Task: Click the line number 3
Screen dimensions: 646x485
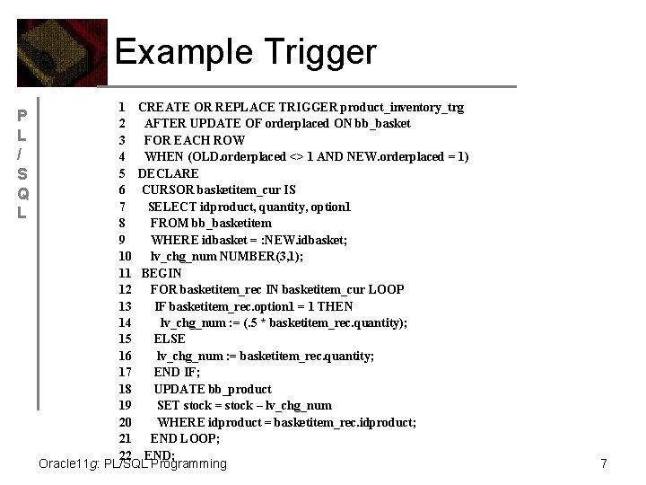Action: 121,140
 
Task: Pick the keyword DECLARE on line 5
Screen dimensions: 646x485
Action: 168,173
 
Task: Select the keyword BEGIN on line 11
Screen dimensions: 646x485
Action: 161,273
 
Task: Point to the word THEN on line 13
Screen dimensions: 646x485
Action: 336,306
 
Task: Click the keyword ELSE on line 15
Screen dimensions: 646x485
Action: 170,339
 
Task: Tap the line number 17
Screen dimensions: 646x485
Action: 125,372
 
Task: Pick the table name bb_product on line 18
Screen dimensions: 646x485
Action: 240,389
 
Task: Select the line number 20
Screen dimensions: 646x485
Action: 125,422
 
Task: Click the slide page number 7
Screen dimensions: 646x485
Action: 604,463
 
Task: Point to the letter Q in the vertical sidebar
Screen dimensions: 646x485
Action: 24,194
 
